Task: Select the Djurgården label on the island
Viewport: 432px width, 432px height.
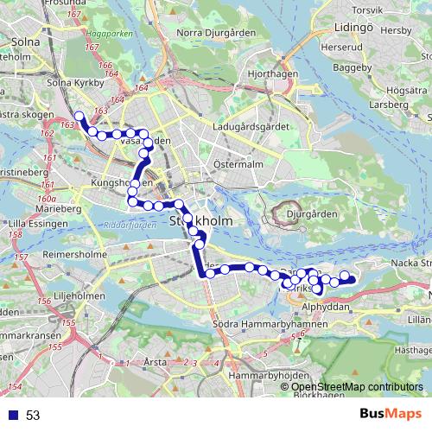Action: [x=311, y=213]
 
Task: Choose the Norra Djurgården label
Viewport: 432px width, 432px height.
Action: [x=212, y=34]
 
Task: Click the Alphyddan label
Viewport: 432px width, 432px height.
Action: [x=326, y=307]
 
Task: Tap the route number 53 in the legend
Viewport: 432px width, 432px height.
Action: [x=33, y=416]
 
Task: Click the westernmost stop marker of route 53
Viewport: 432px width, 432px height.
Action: [x=79, y=116]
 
